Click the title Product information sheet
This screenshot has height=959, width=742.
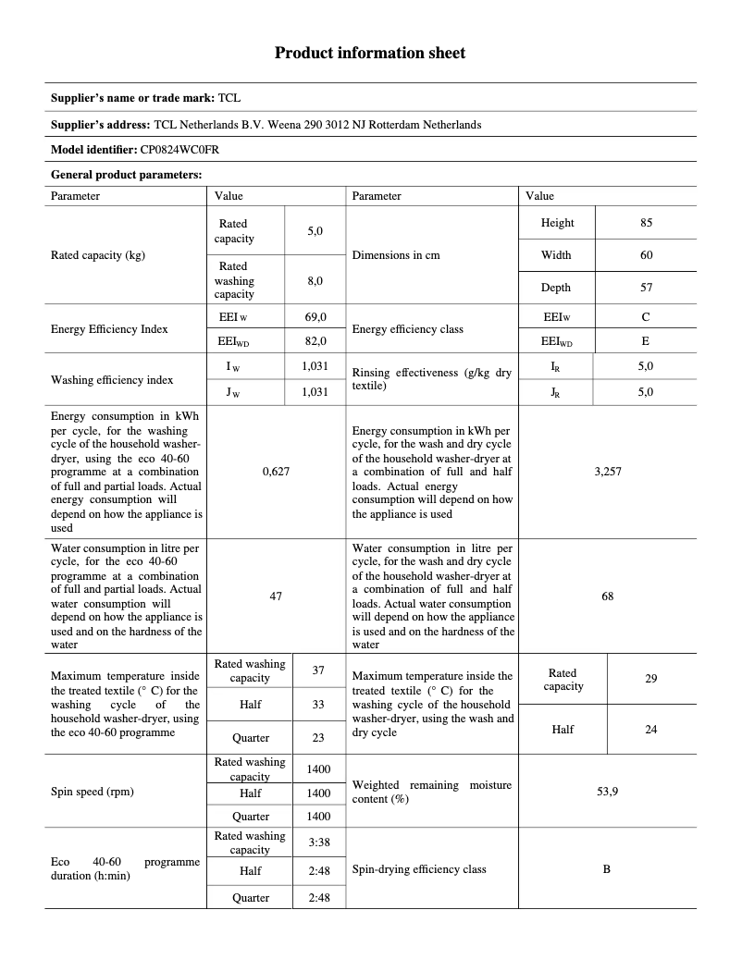370,53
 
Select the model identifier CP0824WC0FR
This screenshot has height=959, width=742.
179,149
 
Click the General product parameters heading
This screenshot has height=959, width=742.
127,174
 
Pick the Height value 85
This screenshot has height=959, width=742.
646,223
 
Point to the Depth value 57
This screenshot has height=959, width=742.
646,288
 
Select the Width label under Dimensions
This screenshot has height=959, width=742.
556,255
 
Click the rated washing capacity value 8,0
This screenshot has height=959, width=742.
315,280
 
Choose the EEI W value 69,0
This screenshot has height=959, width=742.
315,317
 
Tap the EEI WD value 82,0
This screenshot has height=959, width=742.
315,341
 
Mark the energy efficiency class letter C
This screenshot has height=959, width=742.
646,317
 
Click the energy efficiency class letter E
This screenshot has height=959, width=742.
646,341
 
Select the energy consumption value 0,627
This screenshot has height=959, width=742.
276,472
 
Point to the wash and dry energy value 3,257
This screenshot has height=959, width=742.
607,472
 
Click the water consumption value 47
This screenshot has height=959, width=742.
276,596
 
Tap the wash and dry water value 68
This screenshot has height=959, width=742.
607,596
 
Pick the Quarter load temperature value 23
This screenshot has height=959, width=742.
318,738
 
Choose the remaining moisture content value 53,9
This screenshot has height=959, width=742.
607,792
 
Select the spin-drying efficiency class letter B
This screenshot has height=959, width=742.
607,869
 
